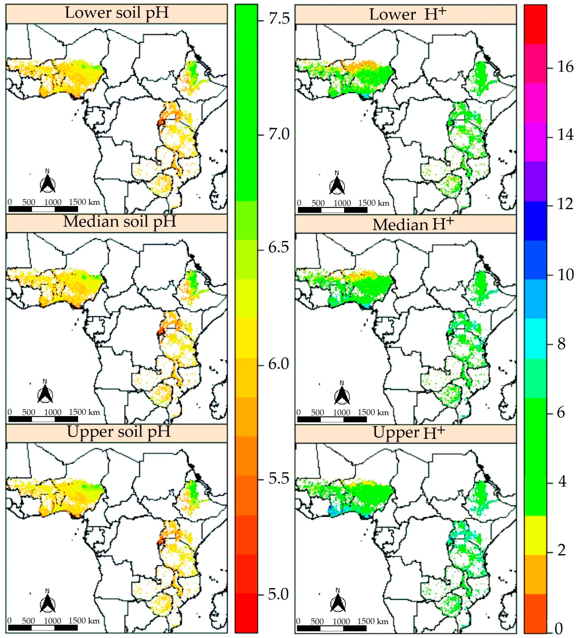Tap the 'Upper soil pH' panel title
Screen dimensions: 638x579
(x=119, y=432)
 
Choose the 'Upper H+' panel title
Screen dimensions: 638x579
(x=409, y=433)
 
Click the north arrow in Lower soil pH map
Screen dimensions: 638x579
(x=47, y=183)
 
